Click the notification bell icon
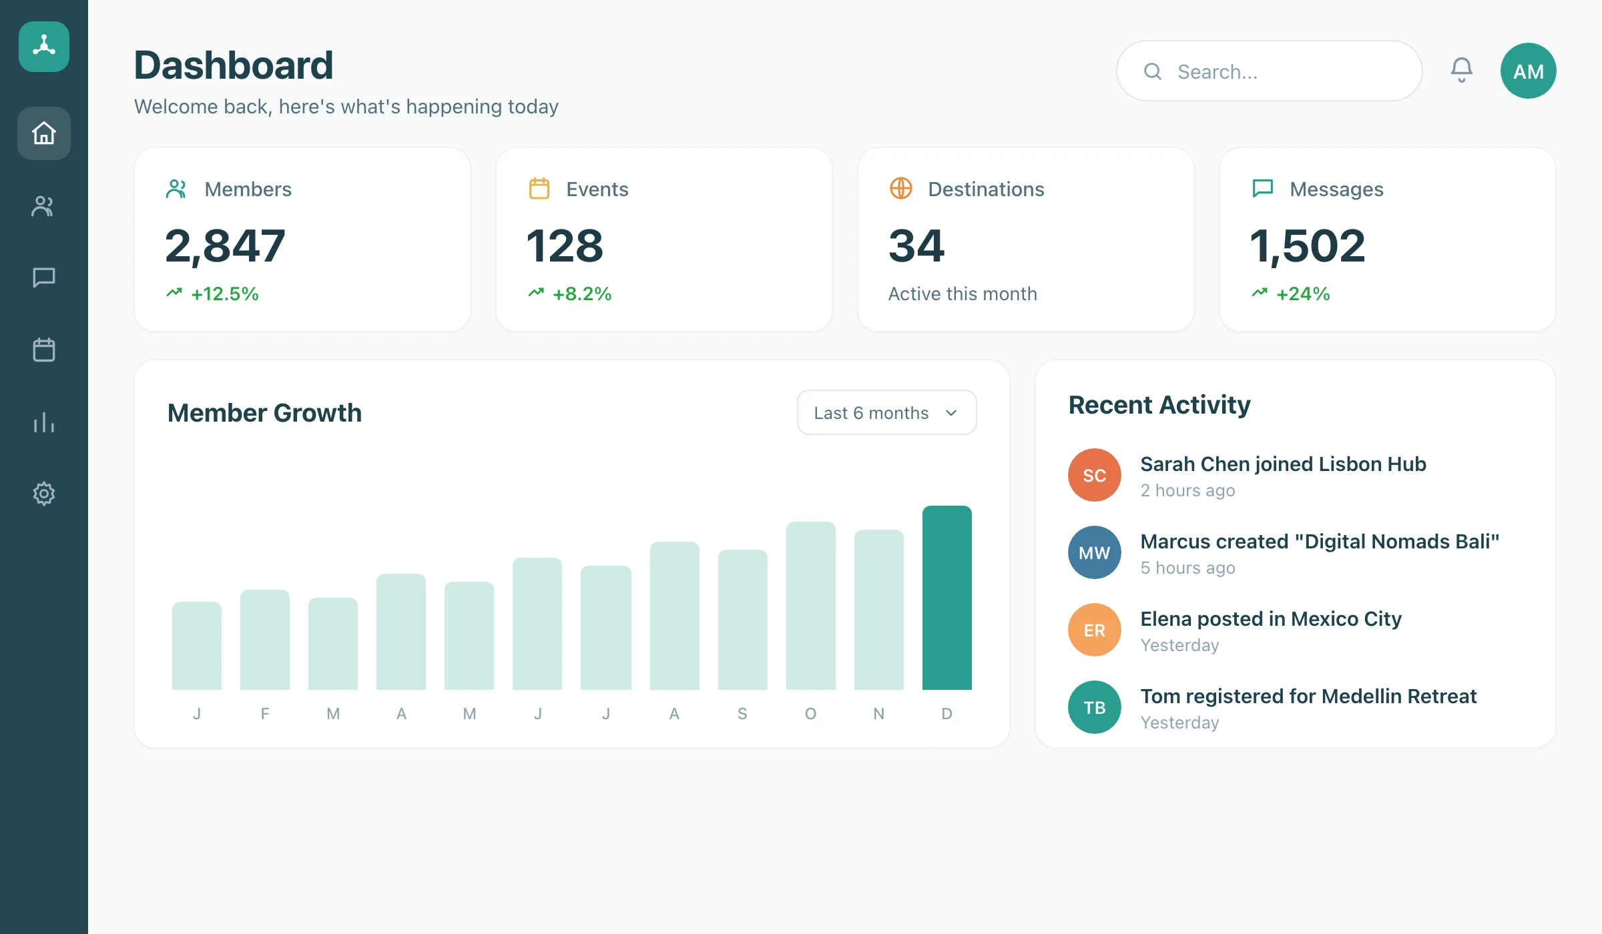click(1461, 70)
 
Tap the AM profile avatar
click(1528, 71)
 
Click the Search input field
click(1269, 71)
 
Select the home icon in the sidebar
click(44, 133)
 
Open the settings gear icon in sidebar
click(44, 494)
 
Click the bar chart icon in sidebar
click(44, 422)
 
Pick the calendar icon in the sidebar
click(44, 350)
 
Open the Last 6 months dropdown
click(886, 412)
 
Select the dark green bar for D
click(947, 598)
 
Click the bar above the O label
click(810, 606)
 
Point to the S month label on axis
click(742, 714)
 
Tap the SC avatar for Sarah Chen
click(1094, 475)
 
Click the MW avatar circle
click(1094, 552)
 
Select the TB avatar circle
click(1094, 707)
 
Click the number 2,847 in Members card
click(225, 246)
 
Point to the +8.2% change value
click(582, 294)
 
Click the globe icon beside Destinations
click(900, 189)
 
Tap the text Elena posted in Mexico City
click(1270, 619)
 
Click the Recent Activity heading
click(1159, 405)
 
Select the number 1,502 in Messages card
click(1308, 246)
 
